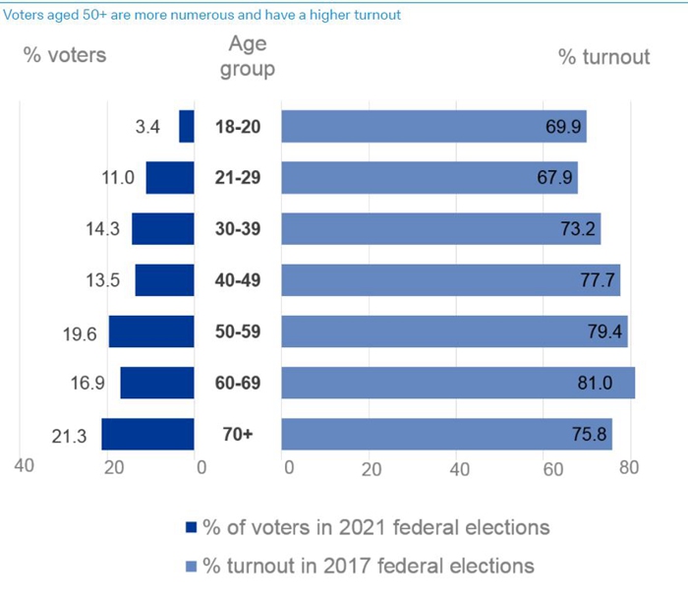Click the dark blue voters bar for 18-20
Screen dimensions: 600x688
click(x=187, y=126)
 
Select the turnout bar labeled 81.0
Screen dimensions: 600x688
click(x=458, y=383)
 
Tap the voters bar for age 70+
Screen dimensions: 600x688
click(x=147, y=434)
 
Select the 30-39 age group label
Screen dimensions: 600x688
click(x=238, y=229)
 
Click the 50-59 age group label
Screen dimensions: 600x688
click(x=238, y=331)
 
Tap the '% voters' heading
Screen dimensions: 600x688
click(x=65, y=55)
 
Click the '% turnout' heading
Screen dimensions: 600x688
click(x=603, y=56)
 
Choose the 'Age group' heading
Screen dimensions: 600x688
click(x=248, y=56)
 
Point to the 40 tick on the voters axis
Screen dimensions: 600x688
click(x=24, y=467)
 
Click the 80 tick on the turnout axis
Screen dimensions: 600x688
click(x=628, y=468)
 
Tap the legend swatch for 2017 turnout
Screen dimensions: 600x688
click(x=192, y=566)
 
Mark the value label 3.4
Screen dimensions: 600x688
click(x=147, y=126)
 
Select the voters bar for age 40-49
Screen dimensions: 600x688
click(x=164, y=280)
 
